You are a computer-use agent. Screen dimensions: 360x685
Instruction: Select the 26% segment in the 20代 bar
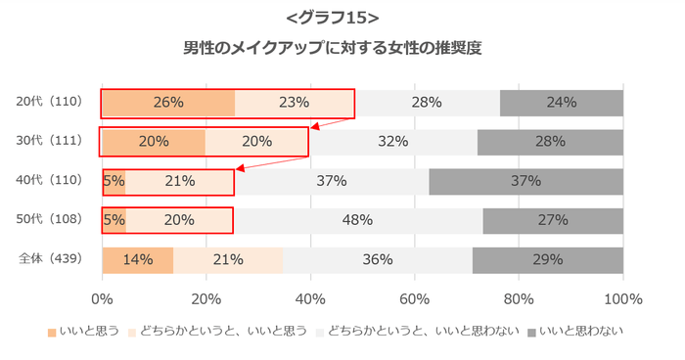168,103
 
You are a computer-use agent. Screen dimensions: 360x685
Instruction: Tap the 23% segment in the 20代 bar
295,103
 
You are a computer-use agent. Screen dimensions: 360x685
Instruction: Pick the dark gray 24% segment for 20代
562,103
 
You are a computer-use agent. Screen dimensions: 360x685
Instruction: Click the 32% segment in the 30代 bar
392,142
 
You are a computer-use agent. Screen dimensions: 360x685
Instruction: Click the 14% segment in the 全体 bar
138,260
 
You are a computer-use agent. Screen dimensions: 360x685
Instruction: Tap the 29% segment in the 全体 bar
548,260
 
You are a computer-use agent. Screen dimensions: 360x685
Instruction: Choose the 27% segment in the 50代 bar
553,220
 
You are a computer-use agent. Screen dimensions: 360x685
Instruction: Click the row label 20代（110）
56,102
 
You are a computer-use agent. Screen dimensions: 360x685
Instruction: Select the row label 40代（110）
56,180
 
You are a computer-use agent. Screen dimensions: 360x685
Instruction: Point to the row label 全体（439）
56,259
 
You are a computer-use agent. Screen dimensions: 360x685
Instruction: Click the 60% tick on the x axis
415,298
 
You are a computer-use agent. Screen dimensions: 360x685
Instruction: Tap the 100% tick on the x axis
623,298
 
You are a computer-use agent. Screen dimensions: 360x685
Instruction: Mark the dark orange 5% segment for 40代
114,181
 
